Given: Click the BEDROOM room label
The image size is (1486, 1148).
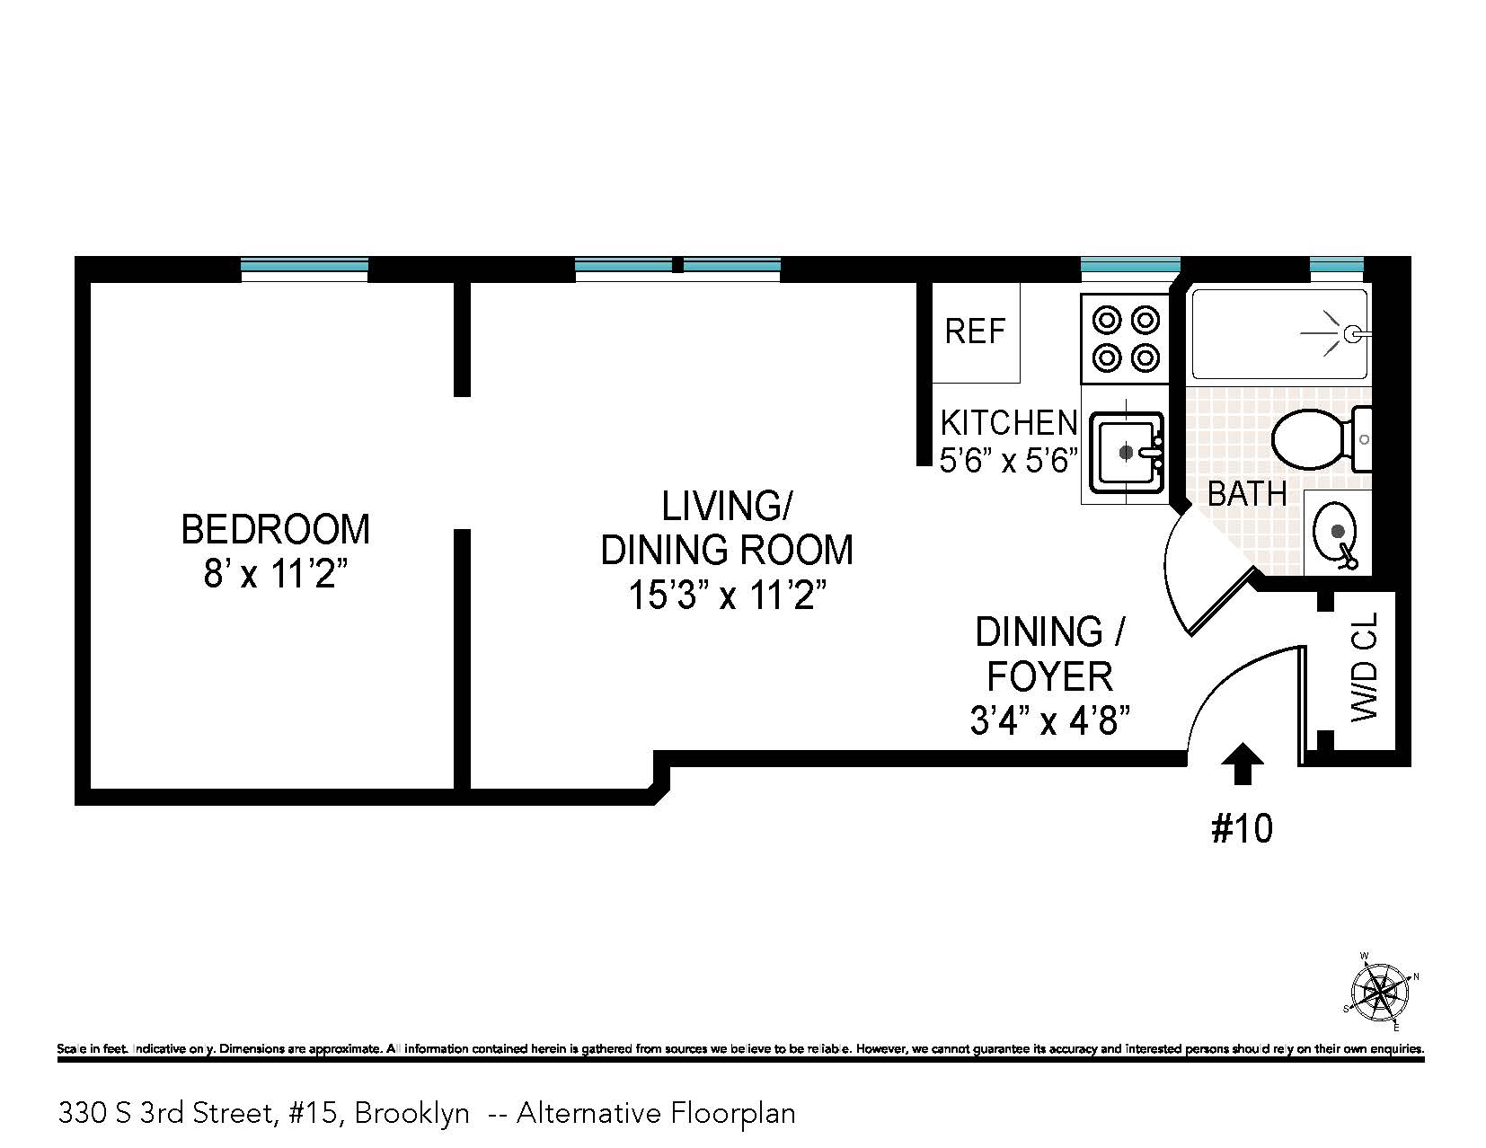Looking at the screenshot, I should [275, 529].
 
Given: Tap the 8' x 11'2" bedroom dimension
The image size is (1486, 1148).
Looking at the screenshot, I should [275, 573].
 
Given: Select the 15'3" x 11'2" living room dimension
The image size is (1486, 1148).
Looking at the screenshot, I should [726, 595].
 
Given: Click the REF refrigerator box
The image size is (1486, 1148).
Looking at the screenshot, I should [976, 332].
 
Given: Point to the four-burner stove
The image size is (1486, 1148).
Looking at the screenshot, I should [1125, 339].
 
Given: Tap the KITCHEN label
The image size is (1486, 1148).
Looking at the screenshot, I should [1008, 422].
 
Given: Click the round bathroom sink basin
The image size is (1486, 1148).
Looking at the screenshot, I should [1336, 531].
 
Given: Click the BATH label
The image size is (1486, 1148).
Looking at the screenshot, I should [1246, 494].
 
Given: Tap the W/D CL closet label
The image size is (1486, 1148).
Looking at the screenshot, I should [1363, 667].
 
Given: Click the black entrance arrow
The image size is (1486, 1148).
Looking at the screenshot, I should [1244, 764].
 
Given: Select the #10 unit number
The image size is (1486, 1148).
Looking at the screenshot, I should [1243, 828].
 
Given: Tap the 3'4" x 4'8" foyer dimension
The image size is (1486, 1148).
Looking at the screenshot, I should [1048, 720].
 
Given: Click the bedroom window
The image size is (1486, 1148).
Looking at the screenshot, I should [305, 266].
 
